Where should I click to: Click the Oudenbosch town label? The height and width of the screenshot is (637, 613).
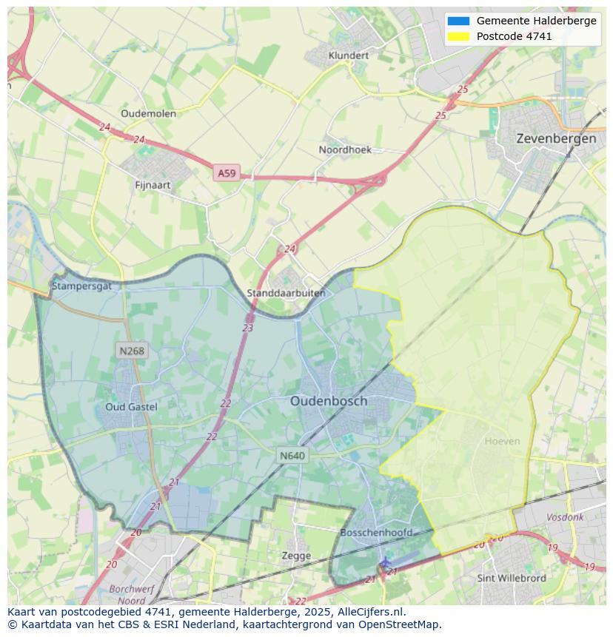pyautogui.click(x=328, y=401)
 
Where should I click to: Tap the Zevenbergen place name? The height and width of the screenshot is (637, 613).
pyautogui.click(x=556, y=138)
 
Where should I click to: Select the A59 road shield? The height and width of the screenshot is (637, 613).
pyautogui.click(x=227, y=173)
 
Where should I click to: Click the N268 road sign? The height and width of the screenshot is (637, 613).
pyautogui.click(x=131, y=351)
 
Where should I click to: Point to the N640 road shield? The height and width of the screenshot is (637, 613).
pyautogui.click(x=292, y=456)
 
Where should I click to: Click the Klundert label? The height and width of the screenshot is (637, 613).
pyautogui.click(x=348, y=55)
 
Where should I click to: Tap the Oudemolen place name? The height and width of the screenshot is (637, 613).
pyautogui.click(x=148, y=113)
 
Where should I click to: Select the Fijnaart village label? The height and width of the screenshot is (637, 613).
pyautogui.click(x=153, y=185)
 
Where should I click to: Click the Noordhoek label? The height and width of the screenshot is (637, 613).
pyautogui.click(x=345, y=149)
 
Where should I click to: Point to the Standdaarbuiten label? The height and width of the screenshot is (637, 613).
pyautogui.click(x=286, y=293)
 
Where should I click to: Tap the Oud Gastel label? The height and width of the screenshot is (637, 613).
pyautogui.click(x=131, y=407)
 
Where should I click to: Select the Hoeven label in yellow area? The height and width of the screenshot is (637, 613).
pyautogui.click(x=502, y=441)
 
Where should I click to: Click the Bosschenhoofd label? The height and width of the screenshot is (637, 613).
pyautogui.click(x=376, y=533)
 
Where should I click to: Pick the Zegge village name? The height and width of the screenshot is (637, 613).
pyautogui.click(x=296, y=556)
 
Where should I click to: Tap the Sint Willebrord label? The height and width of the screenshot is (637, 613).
pyautogui.click(x=512, y=578)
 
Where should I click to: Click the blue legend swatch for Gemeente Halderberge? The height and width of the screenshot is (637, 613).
pyautogui.click(x=458, y=21)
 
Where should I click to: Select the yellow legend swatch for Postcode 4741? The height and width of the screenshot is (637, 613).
pyautogui.click(x=458, y=36)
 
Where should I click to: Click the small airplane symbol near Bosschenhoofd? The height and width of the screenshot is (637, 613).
pyautogui.click(x=385, y=562)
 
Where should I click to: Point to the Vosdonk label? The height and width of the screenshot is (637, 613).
pyautogui.click(x=565, y=518)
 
